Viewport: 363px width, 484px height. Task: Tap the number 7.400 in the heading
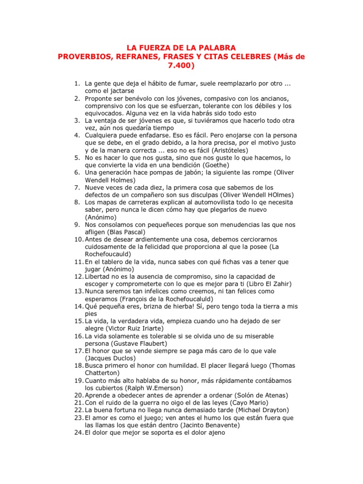181,66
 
